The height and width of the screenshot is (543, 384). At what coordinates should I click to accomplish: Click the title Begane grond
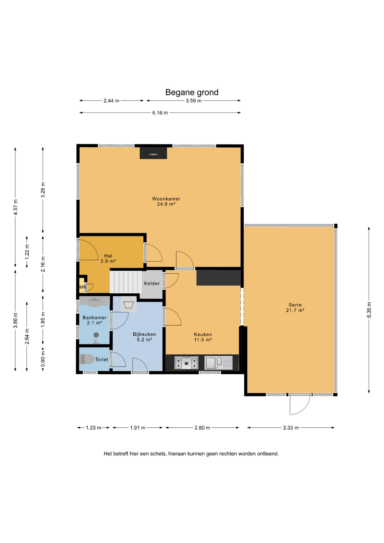coord(192,92)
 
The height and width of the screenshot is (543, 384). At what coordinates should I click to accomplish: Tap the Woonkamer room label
coord(166,199)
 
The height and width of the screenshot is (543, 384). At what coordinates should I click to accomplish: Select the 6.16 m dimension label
coord(160,113)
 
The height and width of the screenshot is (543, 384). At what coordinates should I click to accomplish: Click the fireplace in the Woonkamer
coord(153,153)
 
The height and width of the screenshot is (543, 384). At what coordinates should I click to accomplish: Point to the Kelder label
coord(152,283)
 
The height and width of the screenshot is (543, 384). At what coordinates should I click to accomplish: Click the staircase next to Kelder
coord(126,282)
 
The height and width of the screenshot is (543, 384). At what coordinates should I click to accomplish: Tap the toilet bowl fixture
coord(87,359)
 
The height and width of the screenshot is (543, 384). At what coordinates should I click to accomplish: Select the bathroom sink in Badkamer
coord(94,302)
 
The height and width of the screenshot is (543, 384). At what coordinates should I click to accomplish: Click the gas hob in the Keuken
coord(186,363)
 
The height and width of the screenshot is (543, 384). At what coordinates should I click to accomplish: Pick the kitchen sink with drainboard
coord(219,363)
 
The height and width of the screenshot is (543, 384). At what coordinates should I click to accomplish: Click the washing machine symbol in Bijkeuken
coord(129,304)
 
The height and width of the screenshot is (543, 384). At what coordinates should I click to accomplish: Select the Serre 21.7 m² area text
coord(295,307)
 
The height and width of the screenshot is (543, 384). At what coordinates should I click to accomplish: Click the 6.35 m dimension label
coord(369,310)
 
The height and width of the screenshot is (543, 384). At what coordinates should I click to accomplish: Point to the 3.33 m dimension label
coord(291,428)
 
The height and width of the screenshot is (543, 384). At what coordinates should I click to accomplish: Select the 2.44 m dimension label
coord(111,101)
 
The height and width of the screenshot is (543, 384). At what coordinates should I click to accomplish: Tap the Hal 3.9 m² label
coord(108,258)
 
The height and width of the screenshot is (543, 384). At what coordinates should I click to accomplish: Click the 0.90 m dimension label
coord(43,359)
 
